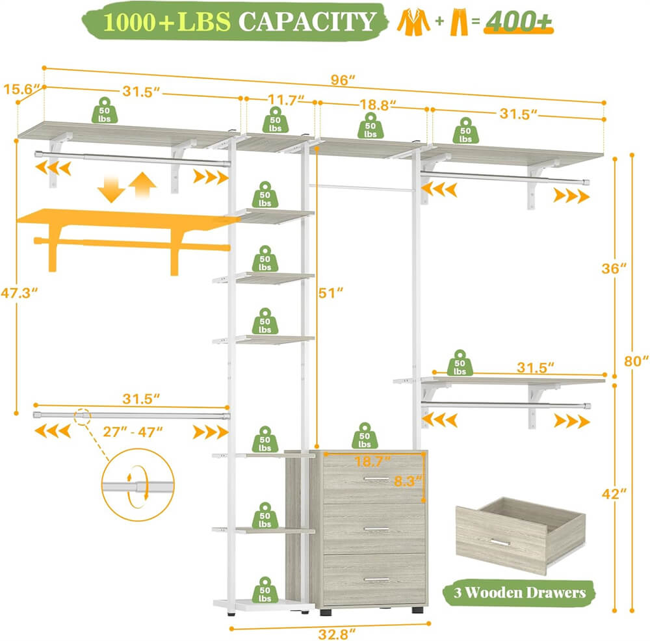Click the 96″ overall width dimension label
[343, 81]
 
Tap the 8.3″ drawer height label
[408, 482]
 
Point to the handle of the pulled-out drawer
[499, 543]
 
